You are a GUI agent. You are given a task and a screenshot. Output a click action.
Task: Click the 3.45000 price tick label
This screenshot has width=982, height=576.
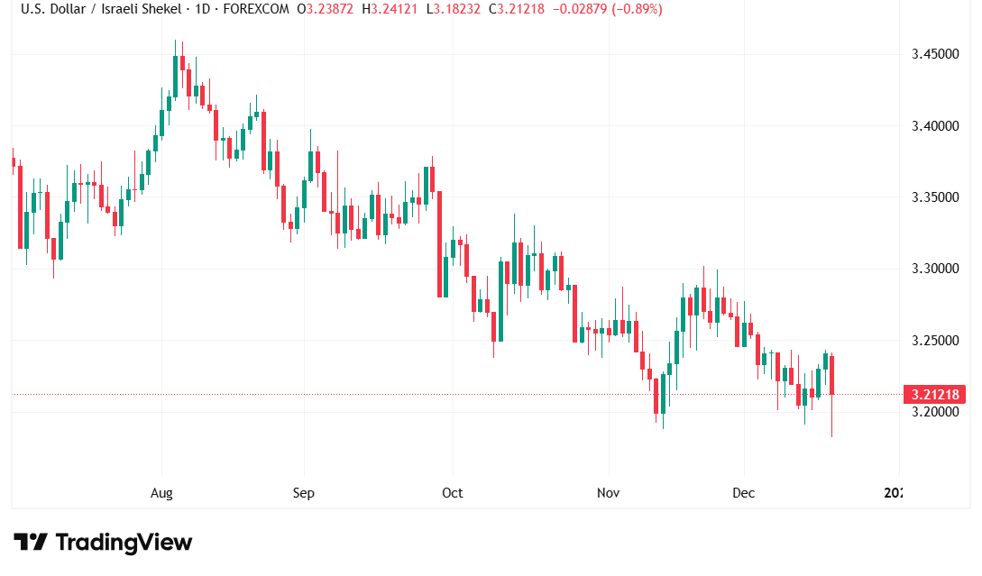[933, 54]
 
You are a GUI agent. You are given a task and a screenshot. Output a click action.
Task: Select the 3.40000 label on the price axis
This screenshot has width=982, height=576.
[933, 125]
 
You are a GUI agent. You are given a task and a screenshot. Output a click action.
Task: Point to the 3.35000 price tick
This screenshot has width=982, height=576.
[933, 197]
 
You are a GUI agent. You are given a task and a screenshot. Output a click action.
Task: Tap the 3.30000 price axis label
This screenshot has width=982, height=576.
[933, 269]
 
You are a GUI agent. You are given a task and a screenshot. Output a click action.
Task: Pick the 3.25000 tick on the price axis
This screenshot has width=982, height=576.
[933, 341]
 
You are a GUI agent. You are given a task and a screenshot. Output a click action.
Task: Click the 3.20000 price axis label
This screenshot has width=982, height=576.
[933, 412]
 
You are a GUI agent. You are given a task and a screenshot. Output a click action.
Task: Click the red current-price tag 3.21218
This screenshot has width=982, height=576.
[934, 394]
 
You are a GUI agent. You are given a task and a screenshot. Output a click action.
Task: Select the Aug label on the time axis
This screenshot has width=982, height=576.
[161, 493]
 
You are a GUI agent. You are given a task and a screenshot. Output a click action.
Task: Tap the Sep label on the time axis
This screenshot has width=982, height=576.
[304, 493]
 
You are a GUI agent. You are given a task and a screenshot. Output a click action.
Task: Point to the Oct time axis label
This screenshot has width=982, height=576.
[452, 493]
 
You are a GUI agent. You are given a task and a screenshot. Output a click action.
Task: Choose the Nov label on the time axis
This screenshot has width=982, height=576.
[609, 493]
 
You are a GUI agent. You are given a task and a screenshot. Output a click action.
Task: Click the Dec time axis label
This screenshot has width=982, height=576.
[744, 493]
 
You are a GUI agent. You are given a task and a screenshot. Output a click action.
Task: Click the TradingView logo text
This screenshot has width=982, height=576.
[124, 543]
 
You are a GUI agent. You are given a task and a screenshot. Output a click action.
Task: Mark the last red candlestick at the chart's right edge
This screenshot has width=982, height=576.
[831, 375]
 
